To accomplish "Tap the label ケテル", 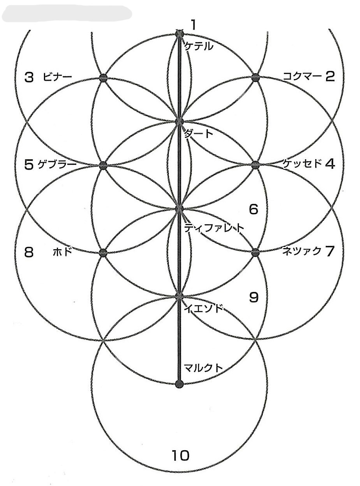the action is coord(199,46).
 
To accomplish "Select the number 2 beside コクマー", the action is coord(330,76).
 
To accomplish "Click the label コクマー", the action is coord(302,76).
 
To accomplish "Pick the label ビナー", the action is coord(58,77).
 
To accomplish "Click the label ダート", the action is coord(199,134).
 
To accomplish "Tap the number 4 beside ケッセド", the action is coord(330,164).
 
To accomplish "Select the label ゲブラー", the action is coord(57,164).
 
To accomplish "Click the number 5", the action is coord(29,165).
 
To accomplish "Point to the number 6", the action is coord(253,210).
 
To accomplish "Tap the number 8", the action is coord(29,252).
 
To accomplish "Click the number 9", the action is coord(253,298).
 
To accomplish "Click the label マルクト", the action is coord(203,367).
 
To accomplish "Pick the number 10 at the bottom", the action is coord(180,455).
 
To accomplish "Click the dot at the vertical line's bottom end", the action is coord(179,384).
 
